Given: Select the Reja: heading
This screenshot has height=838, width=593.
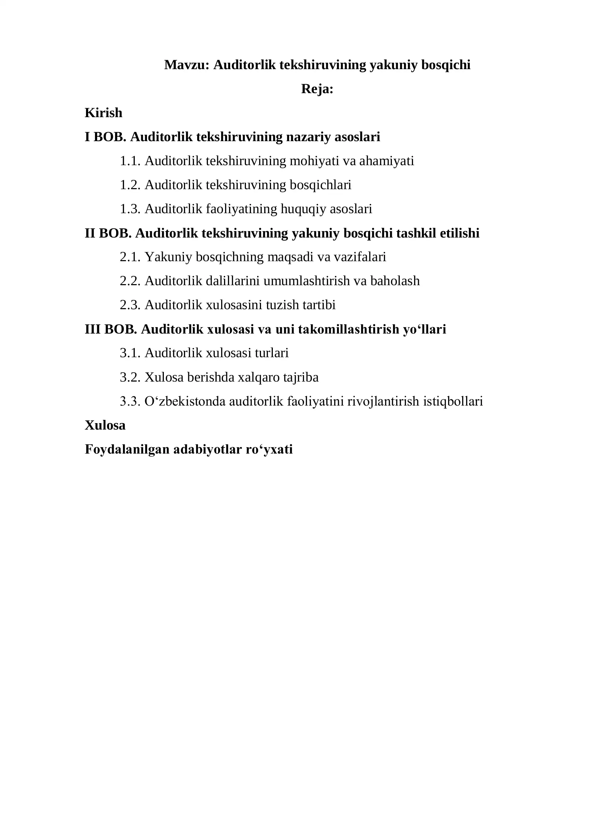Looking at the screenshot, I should click(x=317, y=89).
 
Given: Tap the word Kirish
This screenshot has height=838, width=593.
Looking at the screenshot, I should click(x=104, y=113).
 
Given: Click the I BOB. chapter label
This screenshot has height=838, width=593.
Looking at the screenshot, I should click(x=105, y=137).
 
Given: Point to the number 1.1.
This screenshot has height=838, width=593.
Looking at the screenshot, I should click(x=130, y=161).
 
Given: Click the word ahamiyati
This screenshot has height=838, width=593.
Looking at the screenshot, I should click(x=387, y=161).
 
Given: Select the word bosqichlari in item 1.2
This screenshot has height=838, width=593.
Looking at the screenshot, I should click(x=320, y=185).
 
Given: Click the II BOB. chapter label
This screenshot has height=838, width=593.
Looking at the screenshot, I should click(x=108, y=233).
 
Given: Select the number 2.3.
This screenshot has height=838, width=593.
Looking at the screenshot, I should click(x=130, y=305).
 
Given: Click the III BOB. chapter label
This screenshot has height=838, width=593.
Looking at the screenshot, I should click(x=111, y=329).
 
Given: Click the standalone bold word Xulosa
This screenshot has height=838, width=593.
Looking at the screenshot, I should click(x=105, y=426).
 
